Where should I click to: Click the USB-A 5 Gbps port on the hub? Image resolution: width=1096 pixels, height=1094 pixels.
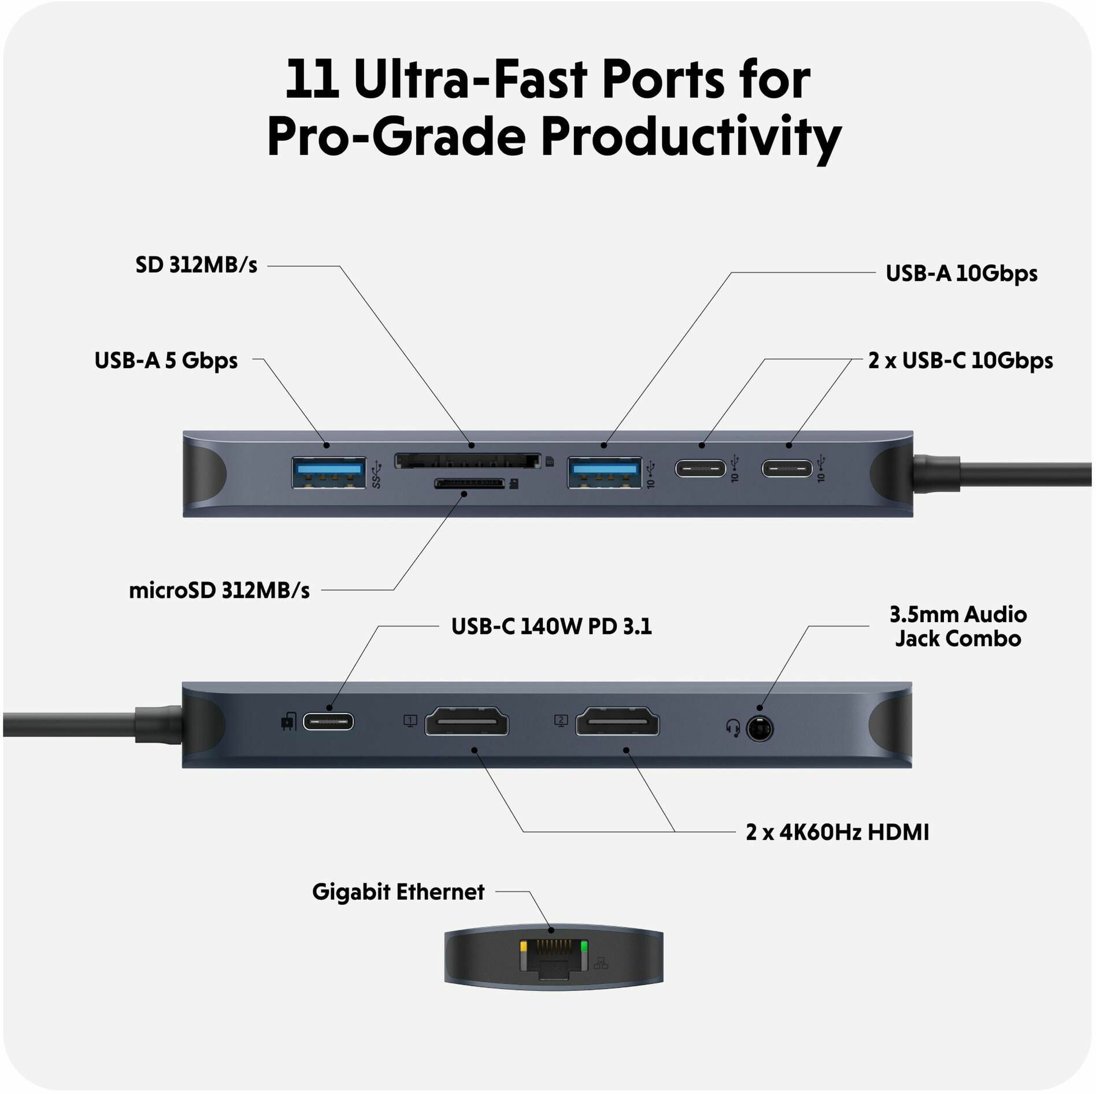point(328,472)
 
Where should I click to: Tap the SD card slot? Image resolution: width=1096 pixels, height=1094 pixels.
point(468,461)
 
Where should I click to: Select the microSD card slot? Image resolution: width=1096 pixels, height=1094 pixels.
point(469,483)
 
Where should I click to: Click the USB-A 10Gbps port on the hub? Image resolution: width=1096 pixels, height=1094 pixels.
point(604,472)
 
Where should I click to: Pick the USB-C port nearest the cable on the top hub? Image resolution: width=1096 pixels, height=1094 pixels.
point(787,468)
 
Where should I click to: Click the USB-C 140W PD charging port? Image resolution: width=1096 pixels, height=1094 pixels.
point(328,722)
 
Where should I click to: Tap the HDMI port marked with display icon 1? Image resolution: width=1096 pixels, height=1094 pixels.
point(466,721)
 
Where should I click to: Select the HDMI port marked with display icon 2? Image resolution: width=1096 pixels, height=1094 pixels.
point(617,721)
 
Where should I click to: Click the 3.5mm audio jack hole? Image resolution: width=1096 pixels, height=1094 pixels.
point(760,729)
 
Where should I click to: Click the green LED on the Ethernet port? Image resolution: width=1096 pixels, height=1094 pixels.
point(583,947)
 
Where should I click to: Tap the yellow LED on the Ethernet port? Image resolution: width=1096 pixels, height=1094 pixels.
point(524,947)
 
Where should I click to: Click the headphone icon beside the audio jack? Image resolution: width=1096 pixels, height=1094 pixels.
point(733,728)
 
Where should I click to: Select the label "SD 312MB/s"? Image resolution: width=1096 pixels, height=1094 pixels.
point(197,265)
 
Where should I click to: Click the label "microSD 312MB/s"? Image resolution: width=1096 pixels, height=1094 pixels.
point(219,590)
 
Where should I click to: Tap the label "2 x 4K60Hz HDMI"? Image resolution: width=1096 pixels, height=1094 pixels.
point(838,832)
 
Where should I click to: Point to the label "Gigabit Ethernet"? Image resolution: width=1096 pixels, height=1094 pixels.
point(398,892)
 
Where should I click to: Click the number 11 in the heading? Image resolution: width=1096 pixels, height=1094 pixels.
point(312,79)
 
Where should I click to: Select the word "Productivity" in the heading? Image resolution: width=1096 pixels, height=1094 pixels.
point(691,138)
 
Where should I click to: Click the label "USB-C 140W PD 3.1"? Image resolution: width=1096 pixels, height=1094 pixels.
point(551,626)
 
